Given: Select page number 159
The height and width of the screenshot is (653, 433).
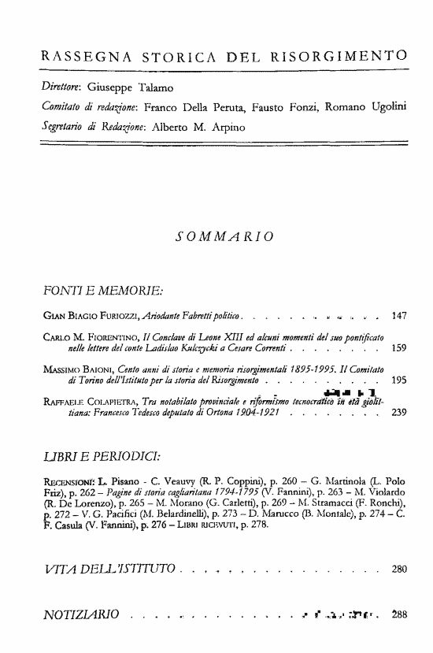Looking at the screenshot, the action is point(399,347).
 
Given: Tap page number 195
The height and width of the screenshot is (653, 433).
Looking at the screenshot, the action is point(399,379).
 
